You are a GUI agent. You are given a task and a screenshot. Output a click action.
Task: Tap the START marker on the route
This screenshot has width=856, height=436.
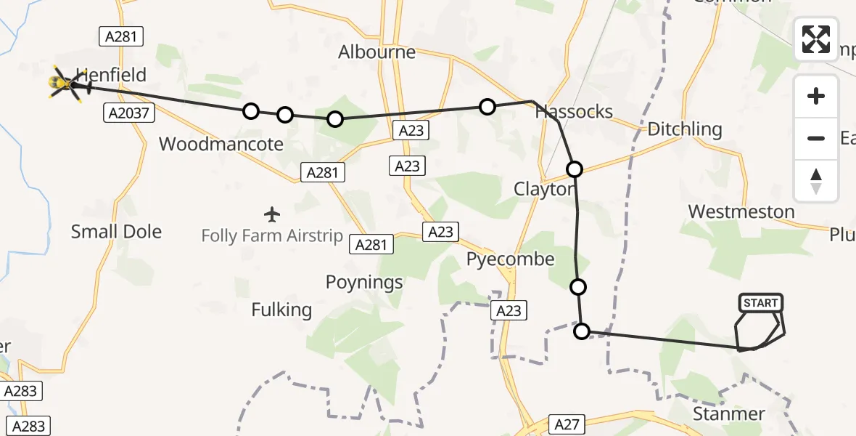pos(760,303)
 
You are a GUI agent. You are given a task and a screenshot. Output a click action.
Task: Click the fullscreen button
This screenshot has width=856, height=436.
pos(816,39)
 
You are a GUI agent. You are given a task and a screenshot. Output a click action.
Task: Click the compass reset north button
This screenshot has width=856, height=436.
pos(816,181)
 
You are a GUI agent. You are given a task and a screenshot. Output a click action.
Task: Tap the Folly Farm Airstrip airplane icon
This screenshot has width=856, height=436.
pos(272,214)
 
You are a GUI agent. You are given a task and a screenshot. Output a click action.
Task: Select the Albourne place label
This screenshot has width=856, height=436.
pos(376,52)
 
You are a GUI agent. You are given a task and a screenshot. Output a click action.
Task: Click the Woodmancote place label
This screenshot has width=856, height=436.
pos(221,144)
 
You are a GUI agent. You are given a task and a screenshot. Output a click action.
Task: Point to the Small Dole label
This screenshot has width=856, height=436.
pos(116,232)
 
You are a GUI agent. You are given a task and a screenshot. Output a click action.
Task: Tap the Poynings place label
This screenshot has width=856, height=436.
pos(364,283)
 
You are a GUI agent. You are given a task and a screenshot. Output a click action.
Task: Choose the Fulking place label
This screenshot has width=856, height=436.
pos(281,310)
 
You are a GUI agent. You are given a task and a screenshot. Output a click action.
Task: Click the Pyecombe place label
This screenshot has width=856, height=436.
pos(510,259)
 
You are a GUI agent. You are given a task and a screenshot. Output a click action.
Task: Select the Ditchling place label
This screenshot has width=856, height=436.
pos(684,130)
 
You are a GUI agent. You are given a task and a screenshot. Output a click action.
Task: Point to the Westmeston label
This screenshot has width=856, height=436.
pos(741,211)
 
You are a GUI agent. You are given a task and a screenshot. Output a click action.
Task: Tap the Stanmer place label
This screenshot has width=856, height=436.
pos(728,414)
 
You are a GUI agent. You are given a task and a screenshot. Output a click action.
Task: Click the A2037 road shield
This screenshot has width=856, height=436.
pos(121,113)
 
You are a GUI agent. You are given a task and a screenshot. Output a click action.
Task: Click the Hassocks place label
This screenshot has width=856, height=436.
pos(574,112)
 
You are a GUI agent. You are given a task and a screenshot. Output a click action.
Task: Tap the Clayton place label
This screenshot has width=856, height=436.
pos(543,190)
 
